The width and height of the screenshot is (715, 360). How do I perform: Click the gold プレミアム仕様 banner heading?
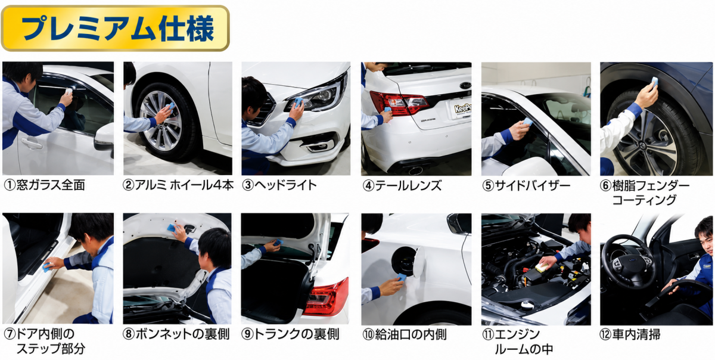pyautogui.click(x=115, y=28)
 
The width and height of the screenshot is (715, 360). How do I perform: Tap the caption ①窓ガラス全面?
pyautogui.click(x=44, y=185)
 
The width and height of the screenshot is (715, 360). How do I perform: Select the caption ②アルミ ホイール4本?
pyautogui.click(x=178, y=185)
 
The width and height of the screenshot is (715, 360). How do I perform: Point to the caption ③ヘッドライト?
pyautogui.click(x=279, y=185)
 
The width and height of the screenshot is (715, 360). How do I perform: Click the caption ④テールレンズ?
pyautogui.click(x=402, y=185)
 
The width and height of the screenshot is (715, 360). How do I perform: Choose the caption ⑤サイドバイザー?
pyautogui.click(x=526, y=185)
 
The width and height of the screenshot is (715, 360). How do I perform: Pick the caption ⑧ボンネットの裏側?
pyautogui.click(x=176, y=334)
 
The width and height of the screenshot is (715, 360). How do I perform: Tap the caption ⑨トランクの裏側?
pyautogui.click(x=290, y=334)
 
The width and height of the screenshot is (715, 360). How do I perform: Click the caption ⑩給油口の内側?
pyautogui.click(x=405, y=334)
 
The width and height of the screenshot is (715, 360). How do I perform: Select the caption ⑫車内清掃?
pyautogui.click(x=630, y=334)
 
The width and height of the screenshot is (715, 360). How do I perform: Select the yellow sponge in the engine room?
pyautogui.click(x=542, y=267)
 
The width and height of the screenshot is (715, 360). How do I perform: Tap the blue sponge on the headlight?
pyautogui.click(x=299, y=102)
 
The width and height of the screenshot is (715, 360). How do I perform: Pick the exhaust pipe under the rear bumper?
pyautogui.click(x=415, y=170)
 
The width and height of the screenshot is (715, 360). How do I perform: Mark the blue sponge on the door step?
pyautogui.click(x=46, y=268)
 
